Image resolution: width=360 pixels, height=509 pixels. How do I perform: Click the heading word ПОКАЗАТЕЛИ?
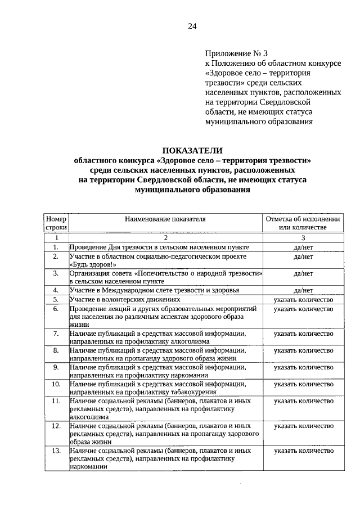tap(192, 150)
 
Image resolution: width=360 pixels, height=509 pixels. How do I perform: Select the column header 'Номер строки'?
tap(56, 223)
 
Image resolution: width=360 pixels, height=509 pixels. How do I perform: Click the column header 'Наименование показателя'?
tap(166, 218)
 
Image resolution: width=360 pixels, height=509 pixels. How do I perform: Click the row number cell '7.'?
tap(56, 333)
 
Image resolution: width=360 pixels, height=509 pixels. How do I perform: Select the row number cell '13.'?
tap(56, 451)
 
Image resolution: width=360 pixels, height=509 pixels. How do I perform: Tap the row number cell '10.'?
tap(56, 384)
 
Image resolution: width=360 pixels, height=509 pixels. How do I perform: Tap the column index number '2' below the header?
tap(166, 238)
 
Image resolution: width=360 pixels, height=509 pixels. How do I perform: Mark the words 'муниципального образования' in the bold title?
tap(192, 191)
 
